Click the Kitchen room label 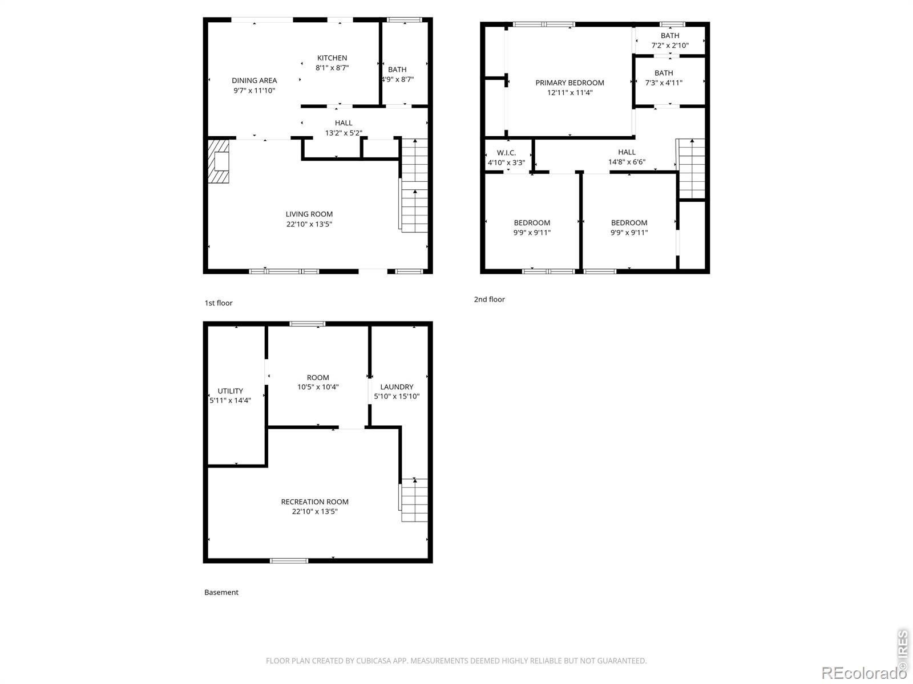[332, 58]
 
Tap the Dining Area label [254, 80]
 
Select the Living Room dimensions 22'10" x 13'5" [309, 224]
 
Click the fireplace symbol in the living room [219, 161]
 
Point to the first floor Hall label [344, 123]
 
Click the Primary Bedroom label [569, 83]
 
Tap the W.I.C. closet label [506, 153]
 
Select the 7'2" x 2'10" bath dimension [670, 45]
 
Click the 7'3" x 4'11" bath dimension [664, 83]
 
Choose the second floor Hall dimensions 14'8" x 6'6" [627, 162]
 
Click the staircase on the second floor [691, 169]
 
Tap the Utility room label [230, 391]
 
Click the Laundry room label [397, 386]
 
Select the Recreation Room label [314, 502]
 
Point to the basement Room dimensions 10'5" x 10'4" [318, 387]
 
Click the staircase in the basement [414, 500]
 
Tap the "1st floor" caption [219, 303]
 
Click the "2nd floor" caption [489, 299]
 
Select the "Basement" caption [221, 592]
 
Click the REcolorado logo [863, 673]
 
